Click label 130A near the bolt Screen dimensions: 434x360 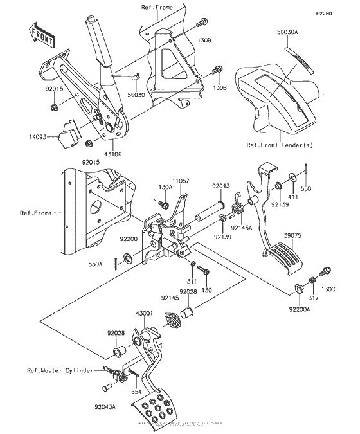pyautogui.click(x=163, y=186)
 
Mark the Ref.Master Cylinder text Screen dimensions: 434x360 pyautogui.click(x=59, y=371)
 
